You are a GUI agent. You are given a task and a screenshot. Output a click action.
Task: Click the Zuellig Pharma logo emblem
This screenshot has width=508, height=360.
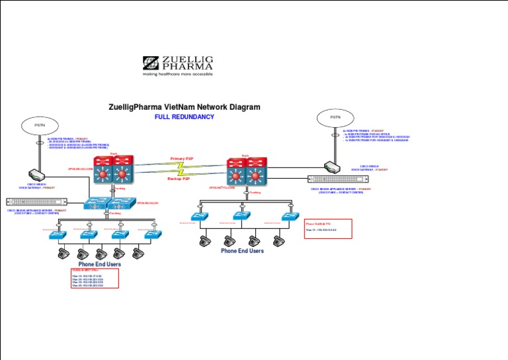150,63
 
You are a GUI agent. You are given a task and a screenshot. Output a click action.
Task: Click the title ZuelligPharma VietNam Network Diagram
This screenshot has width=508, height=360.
184,107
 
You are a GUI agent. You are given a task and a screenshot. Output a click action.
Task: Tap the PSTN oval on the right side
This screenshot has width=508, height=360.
335,117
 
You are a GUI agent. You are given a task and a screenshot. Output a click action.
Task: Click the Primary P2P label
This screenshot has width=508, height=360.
183,159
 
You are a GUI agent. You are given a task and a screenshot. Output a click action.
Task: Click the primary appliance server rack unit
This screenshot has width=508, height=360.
36,202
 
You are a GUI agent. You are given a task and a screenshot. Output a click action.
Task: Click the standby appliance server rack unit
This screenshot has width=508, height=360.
337,179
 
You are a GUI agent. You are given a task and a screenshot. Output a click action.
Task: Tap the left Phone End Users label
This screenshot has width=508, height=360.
99,264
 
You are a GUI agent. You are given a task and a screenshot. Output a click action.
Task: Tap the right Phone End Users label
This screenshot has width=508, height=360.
242,251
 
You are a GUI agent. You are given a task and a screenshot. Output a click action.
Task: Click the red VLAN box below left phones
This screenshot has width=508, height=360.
95,278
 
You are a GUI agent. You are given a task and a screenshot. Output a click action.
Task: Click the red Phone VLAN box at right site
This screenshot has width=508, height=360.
328,229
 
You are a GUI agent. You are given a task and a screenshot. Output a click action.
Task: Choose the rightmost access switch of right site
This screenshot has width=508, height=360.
290,216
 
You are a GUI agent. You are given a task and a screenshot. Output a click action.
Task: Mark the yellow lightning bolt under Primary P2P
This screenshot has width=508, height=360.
182,165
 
